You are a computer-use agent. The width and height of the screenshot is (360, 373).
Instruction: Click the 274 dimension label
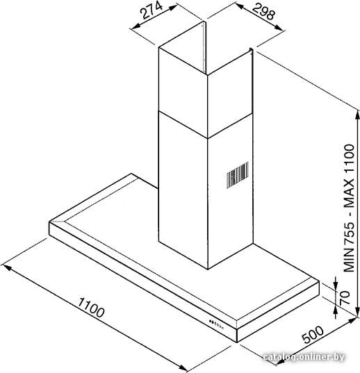[152, 10]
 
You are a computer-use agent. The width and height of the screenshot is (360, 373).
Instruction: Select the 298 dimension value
[263, 11]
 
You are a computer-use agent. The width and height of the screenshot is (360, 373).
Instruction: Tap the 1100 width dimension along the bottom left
[91, 307]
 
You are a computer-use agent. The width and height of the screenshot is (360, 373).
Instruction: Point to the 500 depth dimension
[313, 334]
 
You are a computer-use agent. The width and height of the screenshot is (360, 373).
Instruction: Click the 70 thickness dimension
[345, 297]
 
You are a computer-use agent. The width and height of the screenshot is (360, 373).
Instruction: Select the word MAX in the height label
[350, 192]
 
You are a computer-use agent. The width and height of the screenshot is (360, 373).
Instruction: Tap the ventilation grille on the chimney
[237, 175]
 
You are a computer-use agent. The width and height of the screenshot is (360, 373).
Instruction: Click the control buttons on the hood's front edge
[216, 324]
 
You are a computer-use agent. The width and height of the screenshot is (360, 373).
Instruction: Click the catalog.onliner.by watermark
[304, 357]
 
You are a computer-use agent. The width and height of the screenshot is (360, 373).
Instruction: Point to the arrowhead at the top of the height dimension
[357, 116]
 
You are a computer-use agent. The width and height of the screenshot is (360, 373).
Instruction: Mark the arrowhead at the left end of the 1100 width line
[6, 267]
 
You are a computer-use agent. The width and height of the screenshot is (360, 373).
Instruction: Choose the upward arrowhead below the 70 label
[336, 311]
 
